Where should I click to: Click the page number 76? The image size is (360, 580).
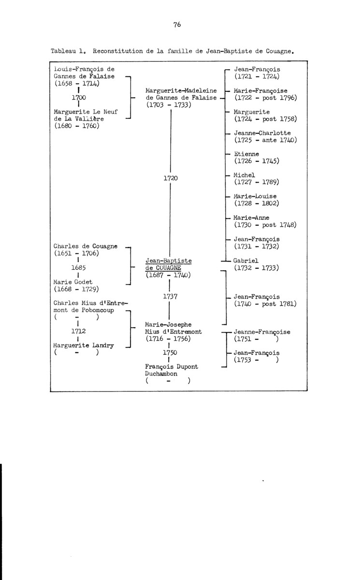pyautogui.click(x=176, y=26)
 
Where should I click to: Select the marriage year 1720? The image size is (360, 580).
pyautogui.click(x=171, y=178)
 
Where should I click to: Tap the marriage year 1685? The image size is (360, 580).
pyautogui.click(x=78, y=267)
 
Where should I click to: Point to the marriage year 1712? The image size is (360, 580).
pyautogui.click(x=78, y=333)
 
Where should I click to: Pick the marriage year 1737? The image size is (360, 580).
pyautogui.click(x=171, y=296)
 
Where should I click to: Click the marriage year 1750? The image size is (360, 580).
pyautogui.click(x=171, y=353)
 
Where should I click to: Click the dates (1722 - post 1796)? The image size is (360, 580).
pyautogui.click(x=265, y=98)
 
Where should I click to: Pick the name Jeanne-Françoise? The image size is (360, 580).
pyautogui.click(x=262, y=332)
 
